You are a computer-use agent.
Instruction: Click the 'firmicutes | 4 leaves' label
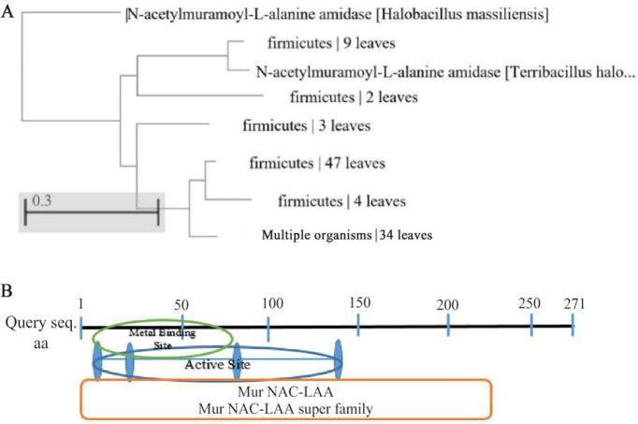(x=341, y=201)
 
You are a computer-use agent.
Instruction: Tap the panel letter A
(x=8, y=10)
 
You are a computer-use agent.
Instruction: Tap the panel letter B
(x=8, y=278)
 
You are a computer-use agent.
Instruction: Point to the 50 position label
(x=181, y=305)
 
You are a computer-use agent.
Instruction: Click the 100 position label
(x=272, y=305)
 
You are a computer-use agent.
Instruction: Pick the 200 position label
(x=447, y=306)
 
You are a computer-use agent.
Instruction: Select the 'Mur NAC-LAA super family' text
(x=285, y=408)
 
